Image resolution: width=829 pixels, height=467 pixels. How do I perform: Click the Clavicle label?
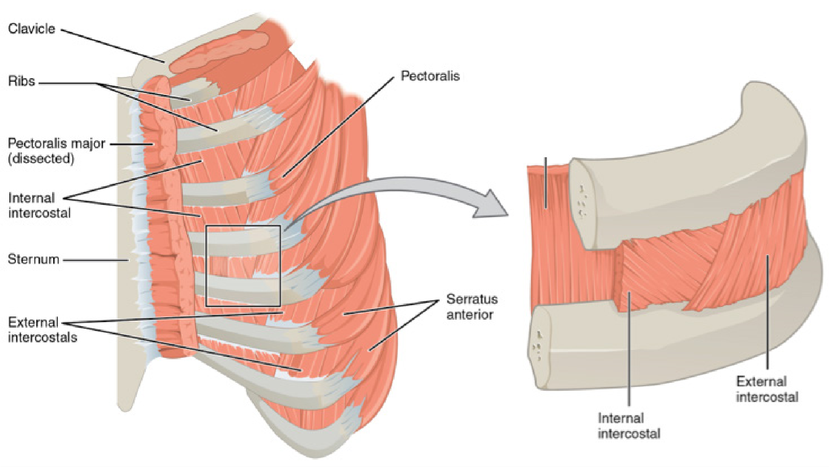(x=32, y=29)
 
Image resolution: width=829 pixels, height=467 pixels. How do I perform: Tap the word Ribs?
(x=22, y=81)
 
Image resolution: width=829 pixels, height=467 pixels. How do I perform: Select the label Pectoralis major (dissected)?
(x=56, y=151)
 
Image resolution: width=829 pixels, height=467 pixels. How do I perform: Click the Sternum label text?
(x=33, y=259)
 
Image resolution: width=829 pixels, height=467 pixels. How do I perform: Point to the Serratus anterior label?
(x=472, y=306)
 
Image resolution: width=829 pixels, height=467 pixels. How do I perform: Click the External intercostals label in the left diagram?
(x=42, y=330)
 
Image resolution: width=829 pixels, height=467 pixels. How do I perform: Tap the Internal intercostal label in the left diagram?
(x=39, y=205)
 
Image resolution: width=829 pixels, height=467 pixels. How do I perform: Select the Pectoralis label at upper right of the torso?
(x=430, y=76)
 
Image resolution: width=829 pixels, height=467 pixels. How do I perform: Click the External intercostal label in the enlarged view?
(x=767, y=389)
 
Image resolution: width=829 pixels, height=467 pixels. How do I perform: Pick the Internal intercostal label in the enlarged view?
(x=629, y=426)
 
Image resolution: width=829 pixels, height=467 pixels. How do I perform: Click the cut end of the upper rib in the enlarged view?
(x=583, y=202)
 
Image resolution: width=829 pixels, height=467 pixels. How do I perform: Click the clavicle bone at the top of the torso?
(x=219, y=52)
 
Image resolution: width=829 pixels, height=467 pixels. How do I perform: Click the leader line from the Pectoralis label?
(x=339, y=127)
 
